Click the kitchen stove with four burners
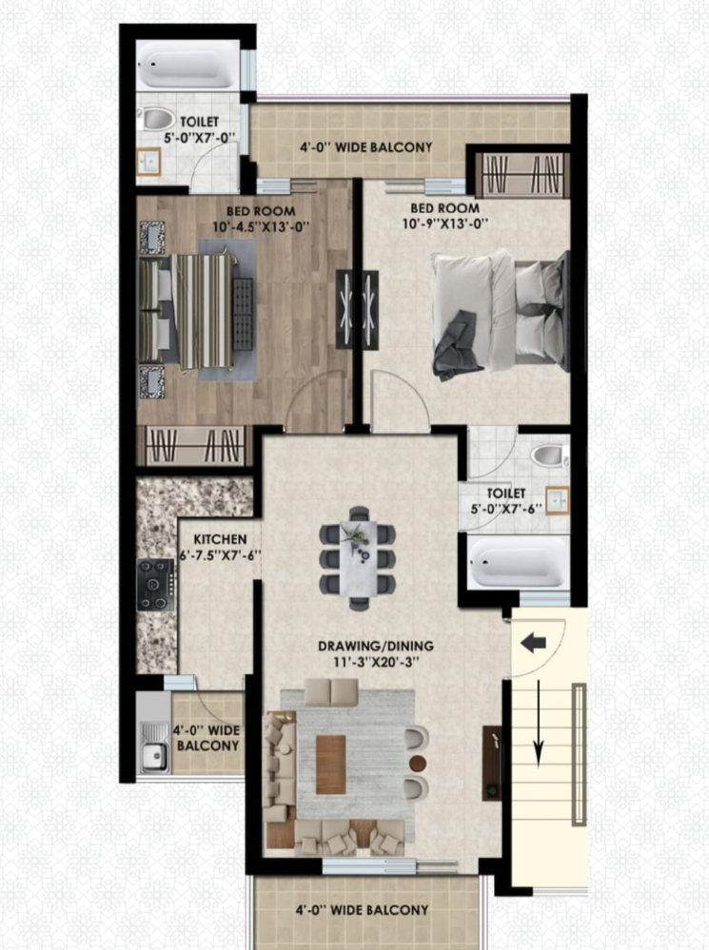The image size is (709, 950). (157, 585)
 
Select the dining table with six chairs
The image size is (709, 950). (358, 558)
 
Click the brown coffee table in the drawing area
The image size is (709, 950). (330, 764)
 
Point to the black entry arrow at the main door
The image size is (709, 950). (534, 643)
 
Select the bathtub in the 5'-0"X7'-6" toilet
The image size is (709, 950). (519, 562)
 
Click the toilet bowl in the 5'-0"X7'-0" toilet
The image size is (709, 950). (156, 119)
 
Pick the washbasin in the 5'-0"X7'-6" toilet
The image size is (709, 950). (558, 500)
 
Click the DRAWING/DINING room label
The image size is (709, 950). (376, 646)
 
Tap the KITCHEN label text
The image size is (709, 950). (220, 539)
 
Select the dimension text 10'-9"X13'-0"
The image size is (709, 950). (445, 223)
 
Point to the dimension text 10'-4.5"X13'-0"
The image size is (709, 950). (261, 227)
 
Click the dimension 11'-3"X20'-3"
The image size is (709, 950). (376, 662)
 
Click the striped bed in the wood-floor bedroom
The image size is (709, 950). (188, 311)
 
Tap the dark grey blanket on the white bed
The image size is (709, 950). (457, 346)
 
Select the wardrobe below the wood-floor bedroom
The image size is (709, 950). (194, 446)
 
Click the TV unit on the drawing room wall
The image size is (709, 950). (492, 763)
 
